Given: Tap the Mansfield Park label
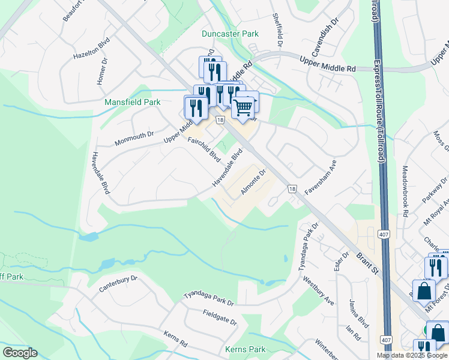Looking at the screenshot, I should [x=133, y=102].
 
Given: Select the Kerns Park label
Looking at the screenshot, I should [x=245, y=349].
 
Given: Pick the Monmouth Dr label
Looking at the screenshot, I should [x=134, y=138].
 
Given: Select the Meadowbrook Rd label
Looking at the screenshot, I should [x=406, y=191].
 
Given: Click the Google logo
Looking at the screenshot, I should [x=20, y=352].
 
